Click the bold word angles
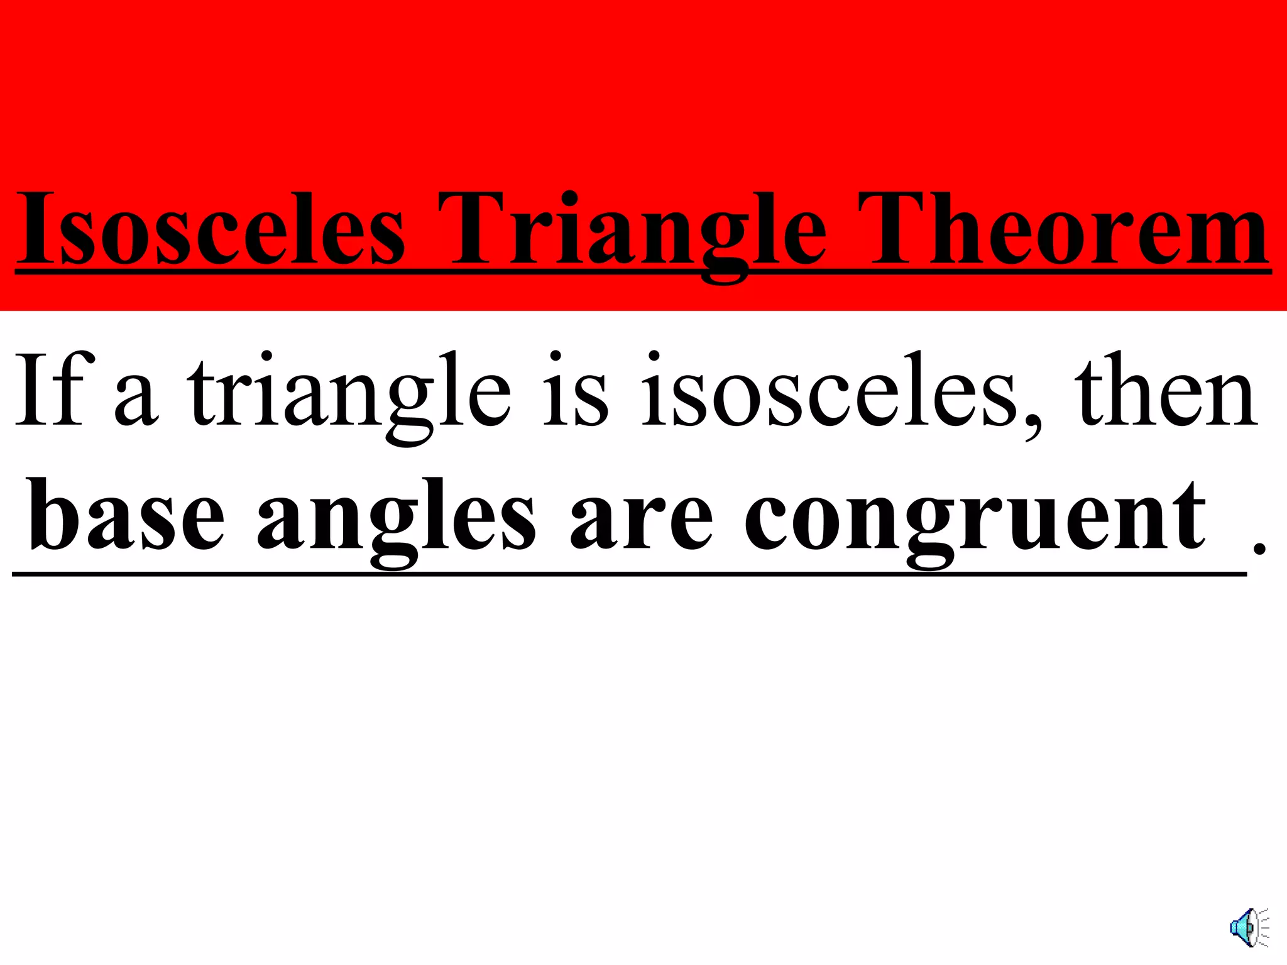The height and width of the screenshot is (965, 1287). click(396, 521)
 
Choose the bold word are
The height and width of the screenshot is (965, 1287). click(641, 521)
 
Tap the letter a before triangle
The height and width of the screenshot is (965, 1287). click(136, 399)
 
